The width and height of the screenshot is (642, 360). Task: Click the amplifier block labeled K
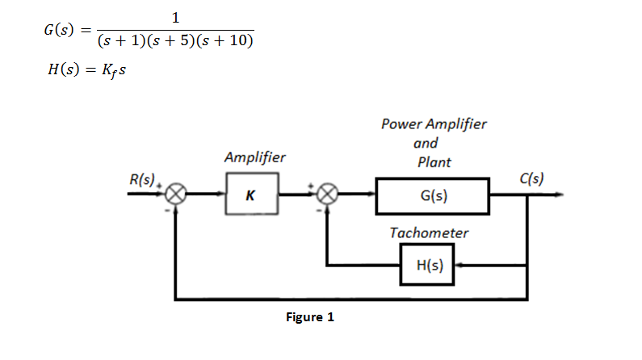pos(251,195)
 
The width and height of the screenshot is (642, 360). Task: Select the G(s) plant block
pos(433,195)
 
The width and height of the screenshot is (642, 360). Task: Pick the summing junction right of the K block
pos(326,195)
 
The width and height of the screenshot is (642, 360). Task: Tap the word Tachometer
pos(428,232)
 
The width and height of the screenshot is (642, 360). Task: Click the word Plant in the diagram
pos(434,161)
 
